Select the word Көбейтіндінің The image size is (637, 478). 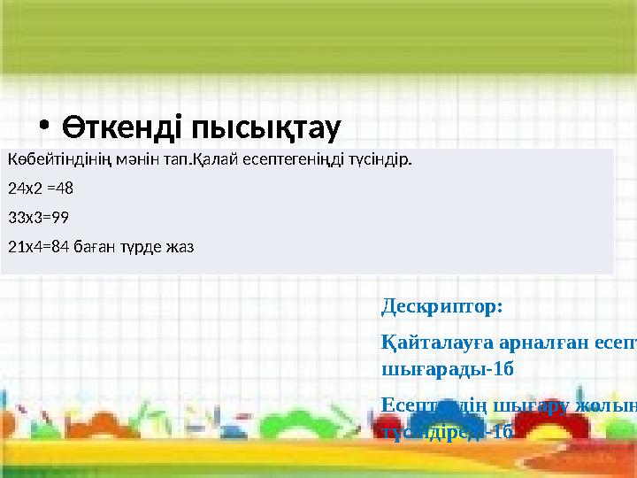coord(50,161)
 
